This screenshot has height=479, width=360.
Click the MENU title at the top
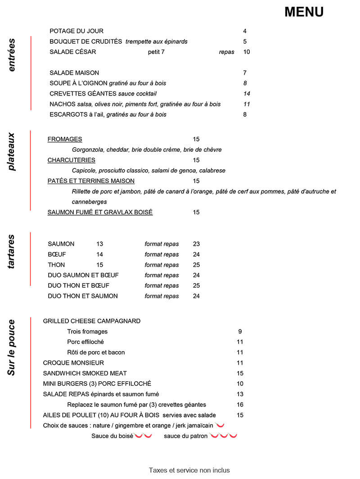point(304,12)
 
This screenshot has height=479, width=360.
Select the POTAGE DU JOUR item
point(76,31)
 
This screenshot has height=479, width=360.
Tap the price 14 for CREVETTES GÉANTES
point(246,94)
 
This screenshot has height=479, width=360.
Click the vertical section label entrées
point(12,55)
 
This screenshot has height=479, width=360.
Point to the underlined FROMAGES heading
point(65,139)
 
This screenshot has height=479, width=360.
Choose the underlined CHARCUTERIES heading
point(71,160)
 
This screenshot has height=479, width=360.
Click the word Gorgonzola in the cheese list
point(88,149)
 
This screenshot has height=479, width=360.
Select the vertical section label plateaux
point(12,151)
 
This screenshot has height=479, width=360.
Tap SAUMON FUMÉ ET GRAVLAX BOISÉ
point(100,212)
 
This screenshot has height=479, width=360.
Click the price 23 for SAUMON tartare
point(196,244)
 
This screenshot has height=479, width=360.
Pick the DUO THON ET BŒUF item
point(78,285)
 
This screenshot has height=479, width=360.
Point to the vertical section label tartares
point(12,252)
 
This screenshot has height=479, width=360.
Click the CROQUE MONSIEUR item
point(73,363)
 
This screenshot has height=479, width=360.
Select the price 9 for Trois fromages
point(240,332)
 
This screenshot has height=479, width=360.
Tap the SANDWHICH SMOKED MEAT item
point(85,373)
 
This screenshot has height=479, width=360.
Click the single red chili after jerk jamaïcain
point(220,425)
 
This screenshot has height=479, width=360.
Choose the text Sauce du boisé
point(112,436)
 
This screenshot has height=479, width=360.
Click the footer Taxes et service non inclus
point(189,470)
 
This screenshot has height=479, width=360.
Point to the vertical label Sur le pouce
point(12,347)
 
